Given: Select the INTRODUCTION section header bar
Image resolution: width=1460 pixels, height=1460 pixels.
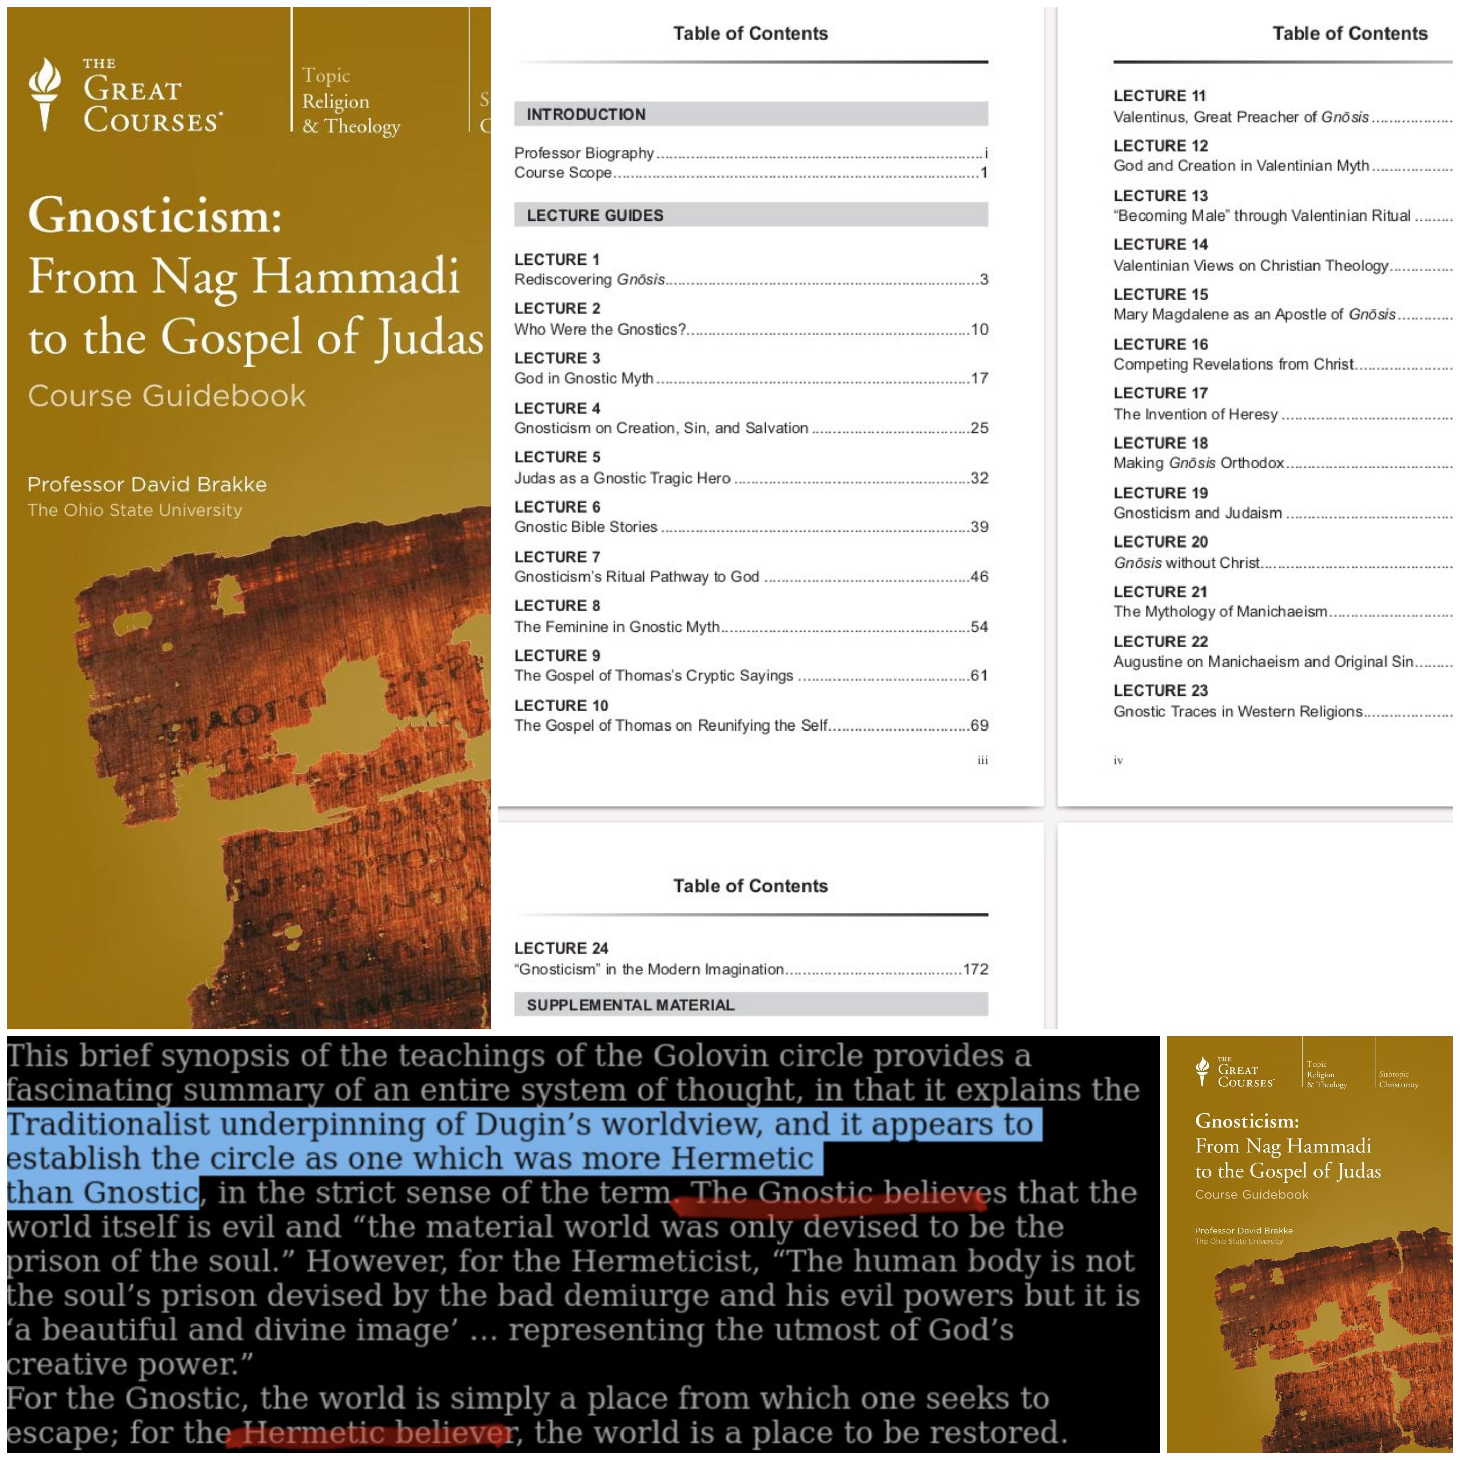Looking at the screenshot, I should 750,114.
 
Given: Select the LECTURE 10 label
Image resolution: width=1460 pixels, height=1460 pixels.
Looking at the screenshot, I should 561,705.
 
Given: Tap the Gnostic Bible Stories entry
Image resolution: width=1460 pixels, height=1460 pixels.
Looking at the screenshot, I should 586,527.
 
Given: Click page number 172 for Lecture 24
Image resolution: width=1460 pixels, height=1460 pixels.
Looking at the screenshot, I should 975,969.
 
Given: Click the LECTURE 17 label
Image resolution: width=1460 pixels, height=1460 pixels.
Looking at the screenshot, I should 1160,393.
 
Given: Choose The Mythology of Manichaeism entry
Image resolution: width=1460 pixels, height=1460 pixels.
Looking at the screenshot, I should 1220,611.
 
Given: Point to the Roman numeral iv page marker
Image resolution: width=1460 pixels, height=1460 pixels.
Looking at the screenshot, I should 1118,760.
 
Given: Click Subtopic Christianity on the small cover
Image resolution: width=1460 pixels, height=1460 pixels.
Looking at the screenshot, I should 1398,1079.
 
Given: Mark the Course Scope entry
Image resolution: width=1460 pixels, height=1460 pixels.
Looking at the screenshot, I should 563,173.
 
